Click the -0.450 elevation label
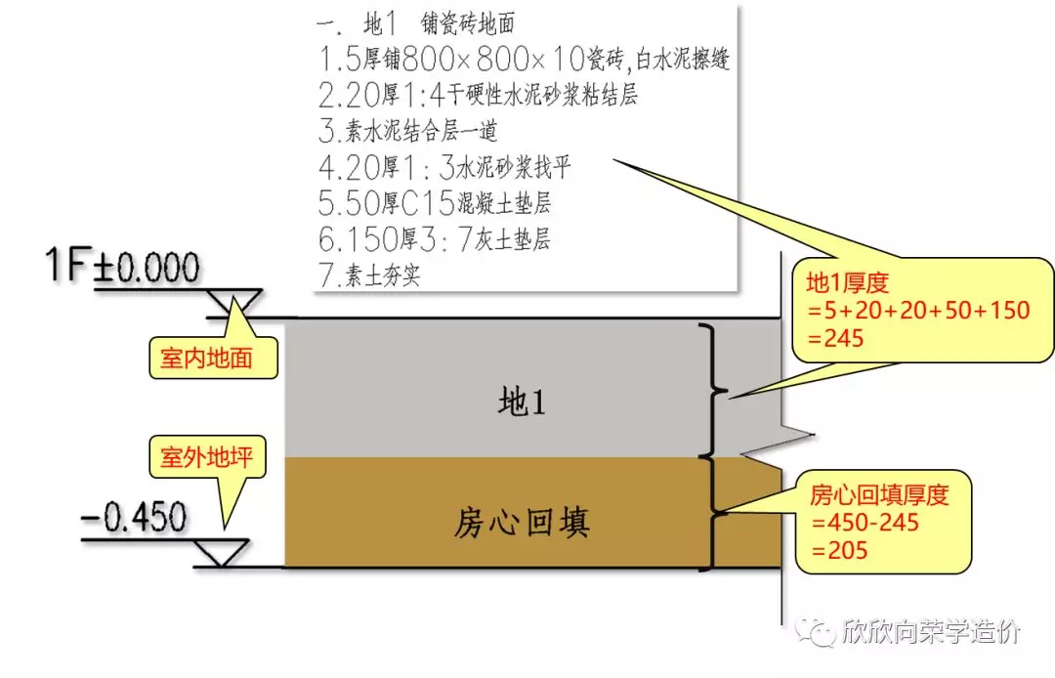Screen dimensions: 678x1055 click(134, 518)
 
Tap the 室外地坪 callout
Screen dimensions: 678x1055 click(207, 456)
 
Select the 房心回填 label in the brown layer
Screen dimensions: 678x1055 click(522, 525)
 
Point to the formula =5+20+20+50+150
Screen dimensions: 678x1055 click(917, 311)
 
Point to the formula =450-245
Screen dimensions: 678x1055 click(864, 523)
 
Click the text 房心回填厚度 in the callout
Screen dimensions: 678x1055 click(878, 495)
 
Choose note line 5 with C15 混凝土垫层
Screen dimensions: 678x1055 click(435, 203)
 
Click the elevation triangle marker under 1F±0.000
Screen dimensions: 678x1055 click(235, 303)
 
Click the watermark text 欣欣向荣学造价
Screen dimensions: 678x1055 click(928, 632)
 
